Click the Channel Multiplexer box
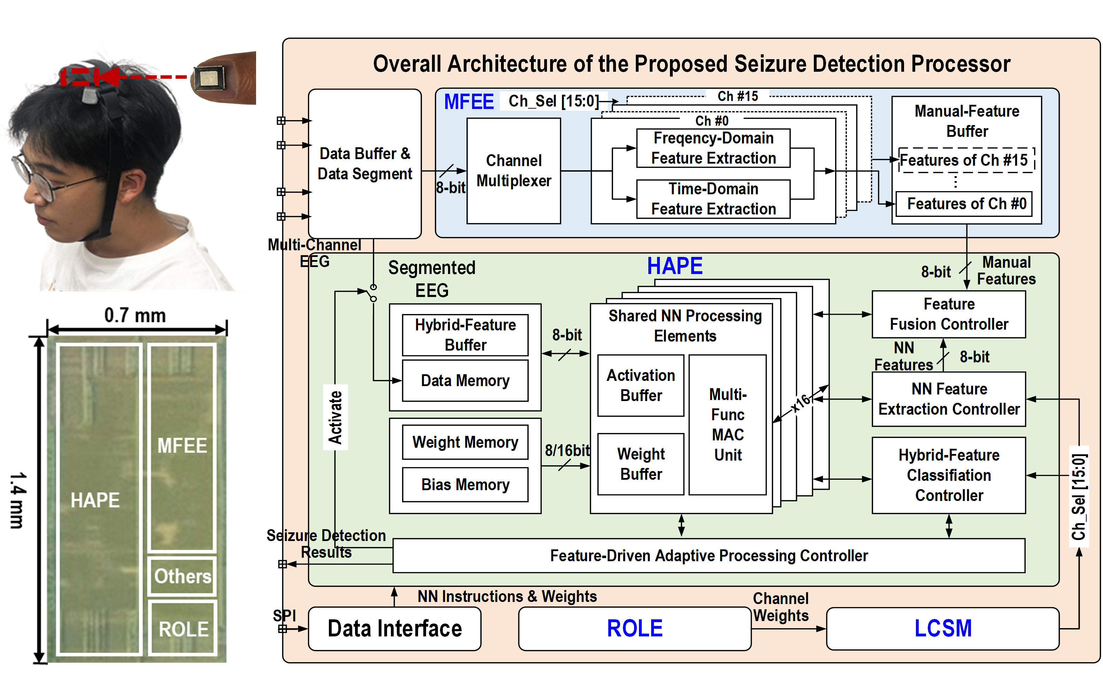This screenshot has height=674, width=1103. pos(514,171)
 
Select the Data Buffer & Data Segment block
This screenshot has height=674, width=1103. pos(364,164)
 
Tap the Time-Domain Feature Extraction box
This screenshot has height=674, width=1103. pos(713,199)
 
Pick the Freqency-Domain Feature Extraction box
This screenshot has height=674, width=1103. pos(713,148)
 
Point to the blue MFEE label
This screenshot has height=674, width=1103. pos(469,102)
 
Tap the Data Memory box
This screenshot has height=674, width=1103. pos(465,381)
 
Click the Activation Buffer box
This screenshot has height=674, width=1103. pos(641,385)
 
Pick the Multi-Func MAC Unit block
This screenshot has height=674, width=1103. pos(727,425)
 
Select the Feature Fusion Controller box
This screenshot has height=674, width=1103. pos(949,314)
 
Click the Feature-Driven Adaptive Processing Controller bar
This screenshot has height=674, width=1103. pos(709,556)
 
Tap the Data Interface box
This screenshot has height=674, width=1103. pos(394,628)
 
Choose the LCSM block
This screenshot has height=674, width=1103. pos(942,628)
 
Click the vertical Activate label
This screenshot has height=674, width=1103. pos(335,417)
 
